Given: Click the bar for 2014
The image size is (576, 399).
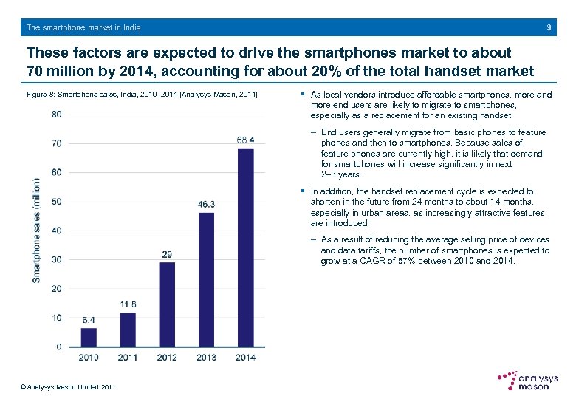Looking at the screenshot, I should click(246, 248).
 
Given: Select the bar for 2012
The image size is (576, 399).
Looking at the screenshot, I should click(167, 304).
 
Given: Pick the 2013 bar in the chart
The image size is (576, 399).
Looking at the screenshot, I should click(206, 279).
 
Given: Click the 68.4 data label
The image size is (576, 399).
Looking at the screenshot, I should click(246, 140).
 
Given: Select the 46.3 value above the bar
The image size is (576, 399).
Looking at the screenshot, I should click(206, 205).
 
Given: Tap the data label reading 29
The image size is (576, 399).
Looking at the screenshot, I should click(167, 254).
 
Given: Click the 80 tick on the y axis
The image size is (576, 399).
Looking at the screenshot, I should click(57, 114).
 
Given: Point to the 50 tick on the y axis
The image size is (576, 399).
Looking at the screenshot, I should click(57, 201).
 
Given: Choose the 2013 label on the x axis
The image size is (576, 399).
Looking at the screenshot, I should click(206, 358).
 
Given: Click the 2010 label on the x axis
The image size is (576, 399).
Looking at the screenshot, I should click(89, 358).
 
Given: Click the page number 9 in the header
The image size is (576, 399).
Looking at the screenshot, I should click(549, 28).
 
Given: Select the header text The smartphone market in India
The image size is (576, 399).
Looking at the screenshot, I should click(83, 28).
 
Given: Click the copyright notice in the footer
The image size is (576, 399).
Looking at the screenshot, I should click(68, 387).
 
